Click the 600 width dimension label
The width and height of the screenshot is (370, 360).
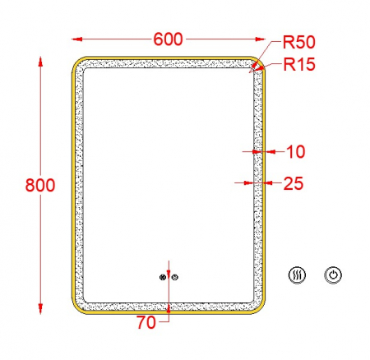[168, 39]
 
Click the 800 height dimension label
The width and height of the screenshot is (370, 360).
[40, 185]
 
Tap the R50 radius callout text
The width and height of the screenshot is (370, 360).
[299, 42]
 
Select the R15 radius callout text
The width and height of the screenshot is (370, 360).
[299, 64]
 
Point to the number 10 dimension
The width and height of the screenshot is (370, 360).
[296, 151]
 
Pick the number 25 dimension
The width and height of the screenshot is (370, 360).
[294, 183]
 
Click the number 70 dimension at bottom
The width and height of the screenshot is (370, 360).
[146, 322]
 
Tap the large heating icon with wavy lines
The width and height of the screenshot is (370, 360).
[297, 275]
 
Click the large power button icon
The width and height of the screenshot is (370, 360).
[333, 275]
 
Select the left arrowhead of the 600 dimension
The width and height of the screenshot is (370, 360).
[77, 39]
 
